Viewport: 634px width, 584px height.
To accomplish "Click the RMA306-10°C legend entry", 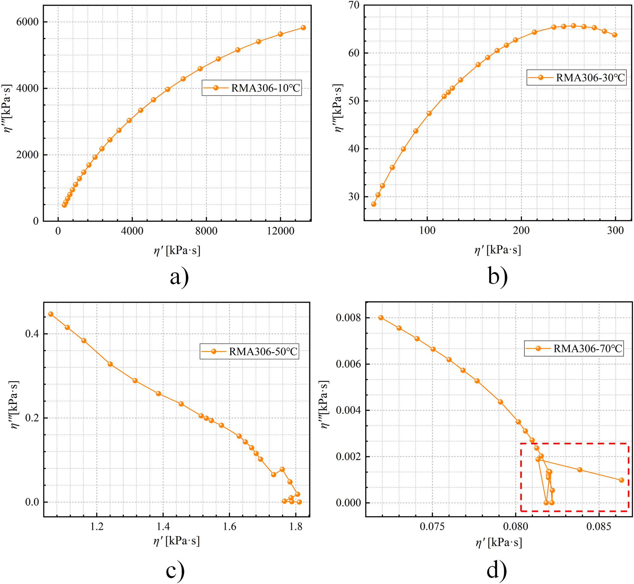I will pos(252,88).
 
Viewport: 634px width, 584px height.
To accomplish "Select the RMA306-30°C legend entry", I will pos(577,77).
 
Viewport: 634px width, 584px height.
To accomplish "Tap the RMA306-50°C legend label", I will pos(249,351).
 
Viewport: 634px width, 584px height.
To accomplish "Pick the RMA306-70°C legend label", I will pos(574,348).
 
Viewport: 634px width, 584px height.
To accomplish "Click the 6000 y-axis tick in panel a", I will pos(27,22).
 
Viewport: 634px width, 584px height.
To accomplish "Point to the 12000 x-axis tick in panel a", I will pos(281,231).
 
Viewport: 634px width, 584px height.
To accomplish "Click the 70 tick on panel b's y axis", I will pos(354,5).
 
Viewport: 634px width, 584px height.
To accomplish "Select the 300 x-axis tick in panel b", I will pos(615,230).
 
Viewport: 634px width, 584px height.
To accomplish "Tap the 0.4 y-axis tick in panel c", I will pos(32,334).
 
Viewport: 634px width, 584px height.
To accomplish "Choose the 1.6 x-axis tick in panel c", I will pos(229,527).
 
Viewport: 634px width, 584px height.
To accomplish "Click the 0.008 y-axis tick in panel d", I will pos(348,318).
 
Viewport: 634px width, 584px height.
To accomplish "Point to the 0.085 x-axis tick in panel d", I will pos(598,527).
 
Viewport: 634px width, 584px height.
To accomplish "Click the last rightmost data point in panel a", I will pos(303,28).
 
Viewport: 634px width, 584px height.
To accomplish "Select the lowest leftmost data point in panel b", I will pos(373,204).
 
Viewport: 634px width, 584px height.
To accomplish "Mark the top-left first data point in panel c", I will pos(51,314).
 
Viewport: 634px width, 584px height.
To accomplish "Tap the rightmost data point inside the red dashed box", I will pos(621,480).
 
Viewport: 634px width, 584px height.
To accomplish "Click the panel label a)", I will pos(179,277).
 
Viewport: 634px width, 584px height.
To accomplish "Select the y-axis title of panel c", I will pos(15,405).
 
